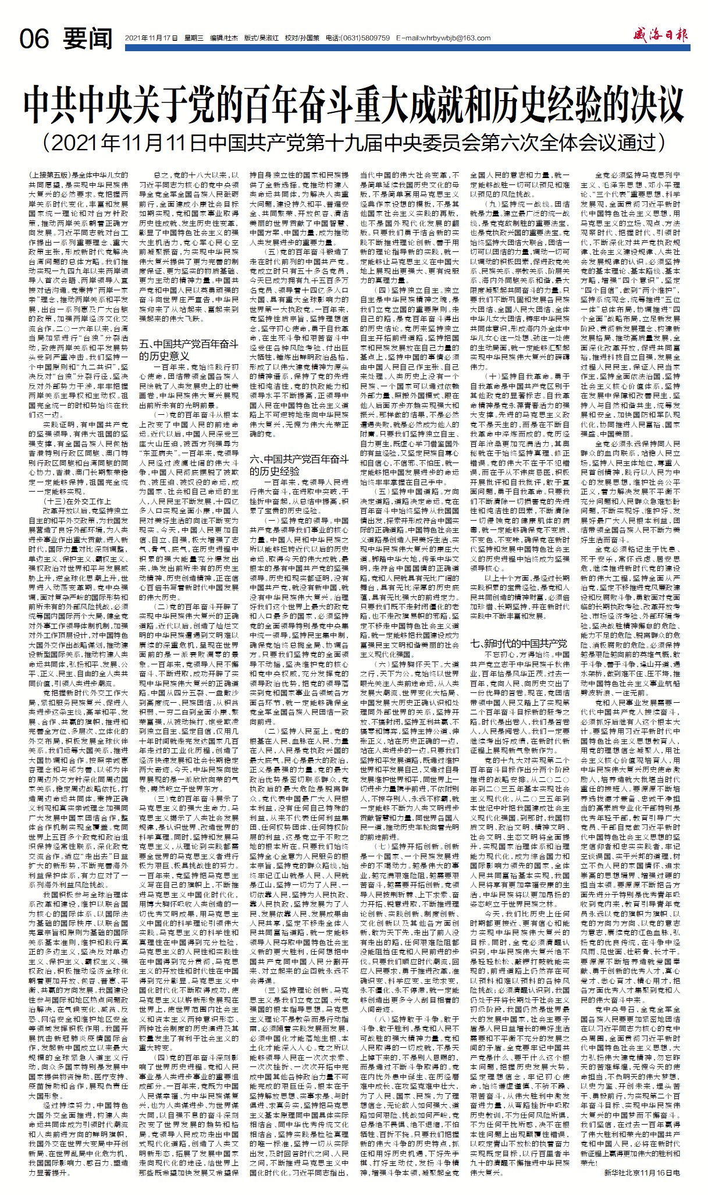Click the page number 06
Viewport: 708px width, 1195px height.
[34, 39]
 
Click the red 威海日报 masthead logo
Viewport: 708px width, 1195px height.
[661, 35]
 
